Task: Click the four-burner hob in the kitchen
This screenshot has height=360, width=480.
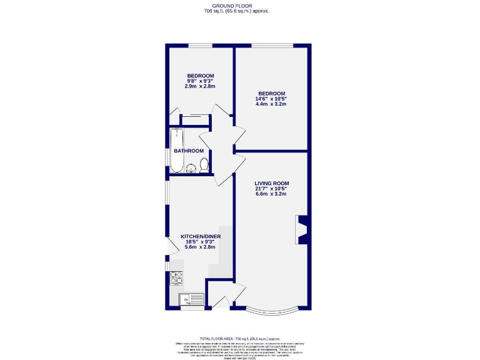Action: click(176, 277)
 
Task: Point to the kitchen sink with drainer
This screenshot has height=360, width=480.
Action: click(191, 299)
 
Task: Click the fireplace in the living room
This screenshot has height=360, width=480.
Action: click(302, 229)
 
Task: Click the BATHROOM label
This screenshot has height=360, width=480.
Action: click(189, 151)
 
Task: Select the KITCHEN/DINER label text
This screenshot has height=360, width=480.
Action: click(200, 237)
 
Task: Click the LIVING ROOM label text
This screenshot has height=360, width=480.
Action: click(271, 183)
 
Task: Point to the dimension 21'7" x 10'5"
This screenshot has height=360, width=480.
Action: click(271, 189)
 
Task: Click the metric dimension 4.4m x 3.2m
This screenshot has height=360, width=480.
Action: click(271, 104)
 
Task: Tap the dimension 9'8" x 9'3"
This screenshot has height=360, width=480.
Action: click(200, 81)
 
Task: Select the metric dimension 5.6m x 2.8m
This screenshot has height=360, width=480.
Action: click(200, 247)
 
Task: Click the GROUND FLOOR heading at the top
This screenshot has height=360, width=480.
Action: click(239, 5)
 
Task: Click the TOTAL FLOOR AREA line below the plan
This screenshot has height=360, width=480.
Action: click(239, 338)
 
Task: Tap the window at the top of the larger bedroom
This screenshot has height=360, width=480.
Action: click(272, 45)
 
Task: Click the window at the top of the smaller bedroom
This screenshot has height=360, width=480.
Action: click(200, 45)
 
